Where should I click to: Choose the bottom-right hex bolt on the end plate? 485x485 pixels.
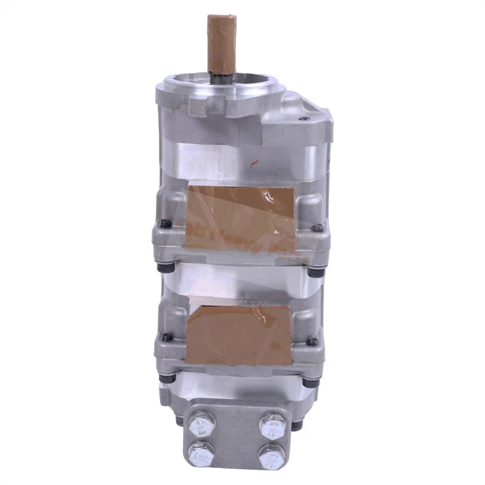tap(270, 455)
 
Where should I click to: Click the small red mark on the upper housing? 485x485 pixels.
tap(254, 162)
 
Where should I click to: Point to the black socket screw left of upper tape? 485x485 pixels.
tap(164, 223)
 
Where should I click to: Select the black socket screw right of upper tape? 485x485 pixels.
tap(316, 228)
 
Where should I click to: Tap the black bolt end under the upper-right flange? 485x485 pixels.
tap(315, 272)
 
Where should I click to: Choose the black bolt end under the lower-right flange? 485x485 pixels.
tap(310, 383)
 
